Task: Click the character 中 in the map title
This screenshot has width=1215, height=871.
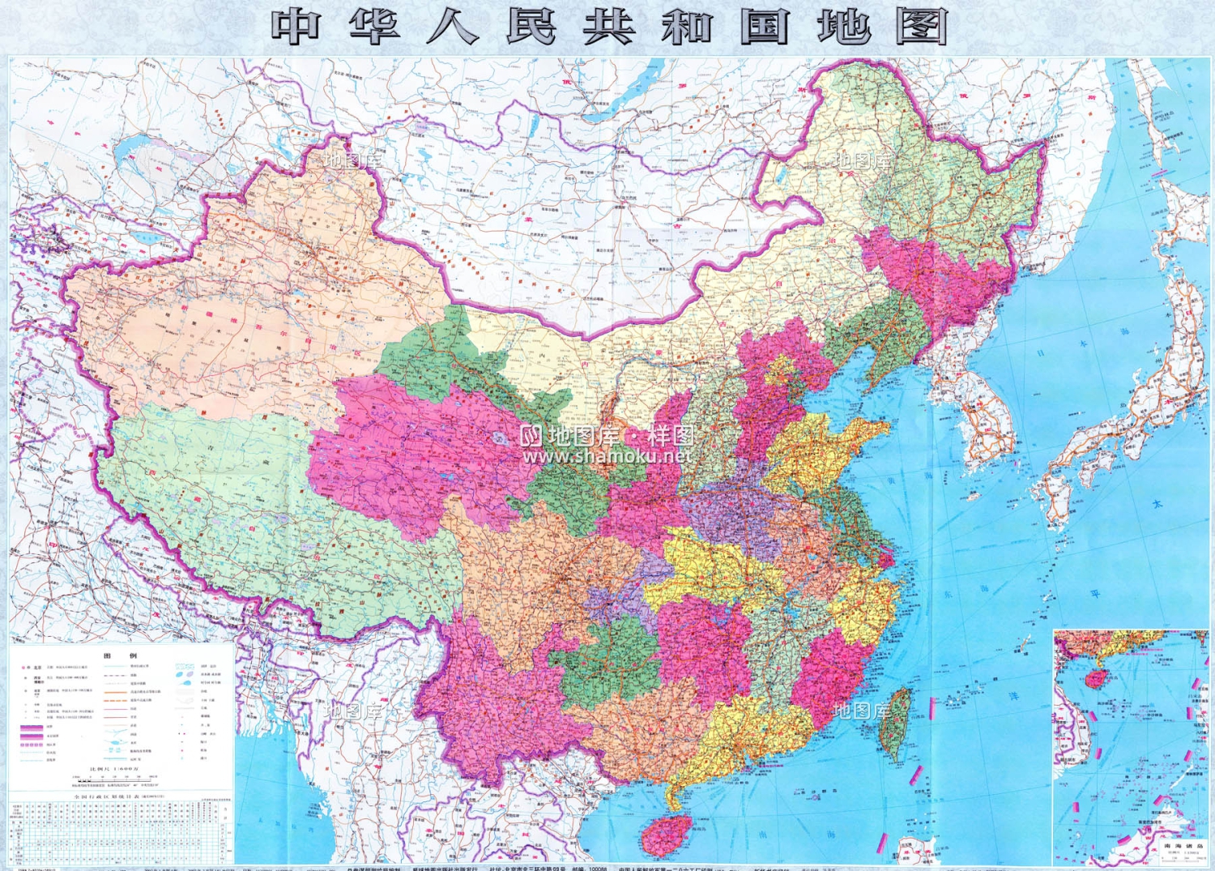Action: [296, 27]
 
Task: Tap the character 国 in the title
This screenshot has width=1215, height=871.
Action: [764, 27]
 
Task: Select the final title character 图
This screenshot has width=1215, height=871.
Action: [921, 27]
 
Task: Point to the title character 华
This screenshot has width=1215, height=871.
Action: [374, 27]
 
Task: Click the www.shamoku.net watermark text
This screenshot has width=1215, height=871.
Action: [607, 456]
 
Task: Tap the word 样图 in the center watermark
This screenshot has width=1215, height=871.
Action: [671, 436]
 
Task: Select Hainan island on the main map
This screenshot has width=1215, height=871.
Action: [667, 834]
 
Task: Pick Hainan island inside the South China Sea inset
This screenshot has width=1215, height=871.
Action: [1094, 678]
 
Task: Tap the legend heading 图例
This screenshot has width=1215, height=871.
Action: [120, 655]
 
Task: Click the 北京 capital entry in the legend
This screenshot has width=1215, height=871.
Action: [37, 668]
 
